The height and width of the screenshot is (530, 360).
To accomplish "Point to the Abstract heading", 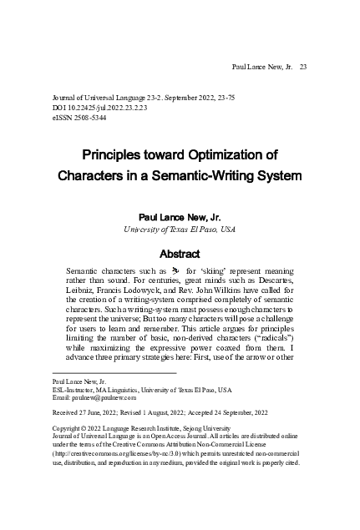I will pos(179,254).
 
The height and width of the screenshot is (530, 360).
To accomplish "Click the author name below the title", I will pos(179,215).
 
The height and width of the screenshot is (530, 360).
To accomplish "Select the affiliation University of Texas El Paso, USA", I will pos(179,228).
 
